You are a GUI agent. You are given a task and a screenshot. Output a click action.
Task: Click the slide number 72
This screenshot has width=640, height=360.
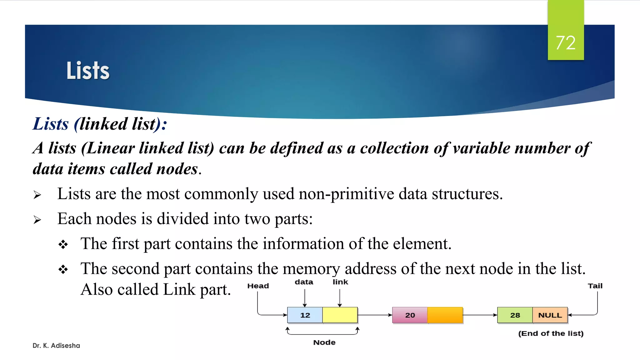pyautogui.click(x=566, y=42)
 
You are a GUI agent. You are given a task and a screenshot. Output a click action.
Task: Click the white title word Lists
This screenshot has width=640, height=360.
pyautogui.click(x=88, y=71)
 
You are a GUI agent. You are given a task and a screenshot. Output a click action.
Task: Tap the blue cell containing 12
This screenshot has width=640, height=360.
pyautogui.click(x=305, y=315)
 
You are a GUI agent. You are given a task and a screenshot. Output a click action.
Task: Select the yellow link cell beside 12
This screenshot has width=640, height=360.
pyautogui.click(x=340, y=315)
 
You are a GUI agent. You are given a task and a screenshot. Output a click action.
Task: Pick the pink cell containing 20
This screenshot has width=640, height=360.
pyautogui.click(x=410, y=315)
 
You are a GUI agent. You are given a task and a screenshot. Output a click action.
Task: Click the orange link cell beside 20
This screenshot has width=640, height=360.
pyautogui.click(x=445, y=315)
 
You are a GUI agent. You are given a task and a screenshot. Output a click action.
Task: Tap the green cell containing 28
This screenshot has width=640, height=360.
pyautogui.click(x=515, y=315)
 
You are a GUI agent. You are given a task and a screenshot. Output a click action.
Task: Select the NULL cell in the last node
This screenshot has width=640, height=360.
pyautogui.click(x=550, y=315)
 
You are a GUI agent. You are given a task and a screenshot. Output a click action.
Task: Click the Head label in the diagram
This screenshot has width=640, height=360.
pyautogui.click(x=258, y=286)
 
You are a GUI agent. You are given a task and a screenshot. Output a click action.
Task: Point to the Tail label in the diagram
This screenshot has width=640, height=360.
pyautogui.click(x=595, y=286)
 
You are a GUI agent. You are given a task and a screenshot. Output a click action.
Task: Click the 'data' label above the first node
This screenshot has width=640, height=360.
pyautogui.click(x=304, y=282)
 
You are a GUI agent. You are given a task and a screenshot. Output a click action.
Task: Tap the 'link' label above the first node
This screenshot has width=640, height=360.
pyautogui.click(x=340, y=282)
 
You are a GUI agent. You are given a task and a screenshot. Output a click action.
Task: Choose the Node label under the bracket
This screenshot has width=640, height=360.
pyautogui.click(x=324, y=342)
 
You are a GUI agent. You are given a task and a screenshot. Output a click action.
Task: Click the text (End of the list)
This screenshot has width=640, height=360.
pyautogui.click(x=551, y=333)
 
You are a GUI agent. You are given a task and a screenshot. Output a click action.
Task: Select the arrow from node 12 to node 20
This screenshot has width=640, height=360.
pyautogui.click(x=375, y=315)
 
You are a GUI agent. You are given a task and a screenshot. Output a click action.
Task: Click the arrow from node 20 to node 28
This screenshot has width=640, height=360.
pyautogui.click(x=480, y=315)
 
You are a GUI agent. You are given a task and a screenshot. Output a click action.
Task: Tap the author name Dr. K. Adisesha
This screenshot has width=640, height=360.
pyautogui.click(x=56, y=346)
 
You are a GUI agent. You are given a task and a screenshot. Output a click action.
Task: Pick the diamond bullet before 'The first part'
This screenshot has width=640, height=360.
pyautogui.click(x=63, y=244)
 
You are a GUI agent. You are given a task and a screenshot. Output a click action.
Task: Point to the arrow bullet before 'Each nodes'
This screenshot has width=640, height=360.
pyautogui.click(x=37, y=220)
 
